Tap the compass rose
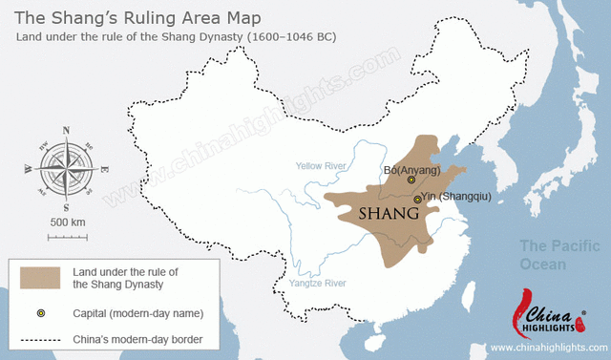[66, 167]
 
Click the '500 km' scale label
[66, 222]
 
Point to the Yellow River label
[322, 164]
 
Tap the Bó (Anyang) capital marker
[411, 180]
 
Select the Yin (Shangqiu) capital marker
[417, 199]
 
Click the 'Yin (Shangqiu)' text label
[456, 198]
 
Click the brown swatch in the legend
[40, 279]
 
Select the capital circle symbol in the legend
[40, 312]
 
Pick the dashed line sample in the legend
[40, 340]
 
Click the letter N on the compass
[66, 130]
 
